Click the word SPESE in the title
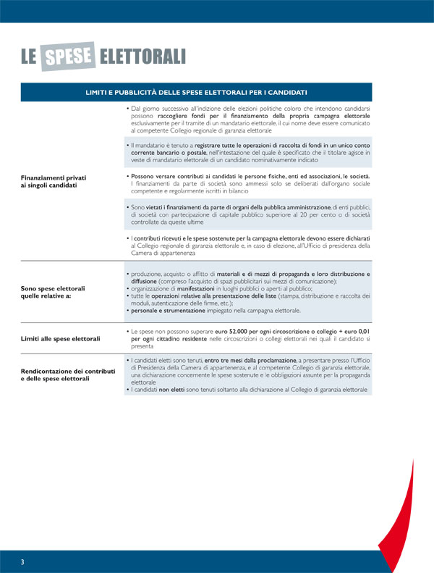[69, 56]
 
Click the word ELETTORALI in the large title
[142, 57]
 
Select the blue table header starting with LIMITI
[196, 92]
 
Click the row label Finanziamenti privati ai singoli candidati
[48, 181]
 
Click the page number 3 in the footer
[22, 562]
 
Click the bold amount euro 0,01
[354, 330]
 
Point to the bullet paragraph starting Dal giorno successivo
[248, 120]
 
